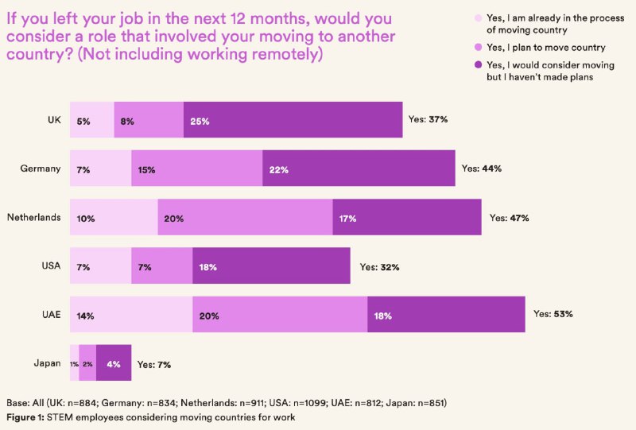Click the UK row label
click(53, 120)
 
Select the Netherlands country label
click(33, 217)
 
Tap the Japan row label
click(48, 363)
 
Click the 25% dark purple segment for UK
click(293, 120)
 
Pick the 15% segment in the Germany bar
click(196, 169)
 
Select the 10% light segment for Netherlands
click(114, 217)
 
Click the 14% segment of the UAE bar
click(131, 315)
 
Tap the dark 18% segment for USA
click(271, 265)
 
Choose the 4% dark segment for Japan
click(114, 363)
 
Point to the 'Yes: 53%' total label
click(553, 314)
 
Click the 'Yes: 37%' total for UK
click(429, 119)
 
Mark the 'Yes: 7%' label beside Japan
click(154, 364)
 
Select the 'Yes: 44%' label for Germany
click(481, 169)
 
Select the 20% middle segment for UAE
click(280, 315)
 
